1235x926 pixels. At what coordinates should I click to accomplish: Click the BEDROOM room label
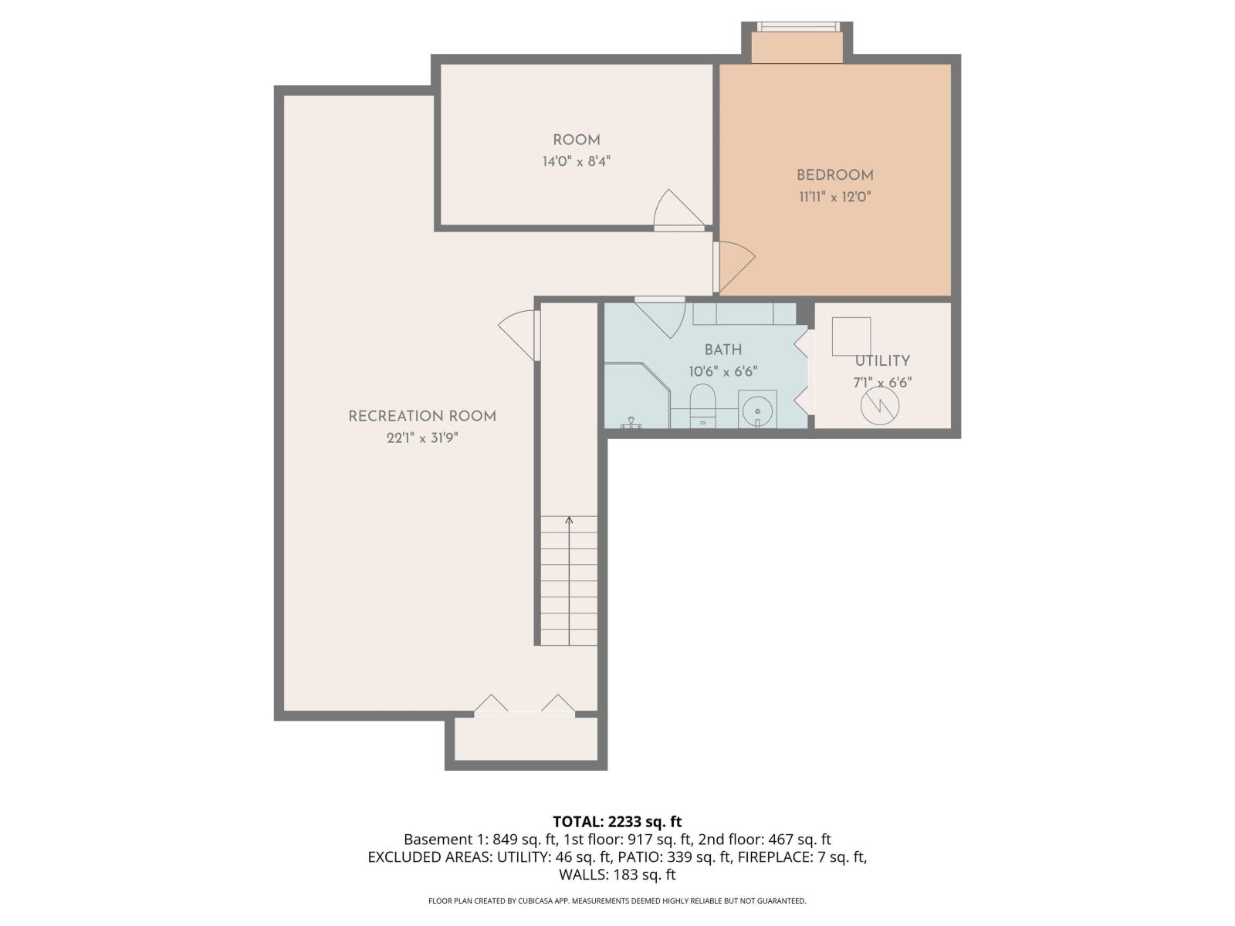pos(834,175)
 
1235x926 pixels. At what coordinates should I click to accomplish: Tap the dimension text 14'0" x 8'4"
pos(576,162)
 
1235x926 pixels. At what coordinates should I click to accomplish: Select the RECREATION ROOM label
pos(421,417)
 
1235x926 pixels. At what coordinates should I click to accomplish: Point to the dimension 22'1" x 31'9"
pos(418,438)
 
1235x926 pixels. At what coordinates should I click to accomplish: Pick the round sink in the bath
pos(757,408)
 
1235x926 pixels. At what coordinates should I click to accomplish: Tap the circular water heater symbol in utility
pos(880,406)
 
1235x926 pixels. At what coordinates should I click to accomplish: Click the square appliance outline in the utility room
pos(851,336)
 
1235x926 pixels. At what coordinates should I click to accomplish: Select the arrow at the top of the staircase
pos(569,521)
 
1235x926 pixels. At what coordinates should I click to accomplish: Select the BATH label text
pos(722,350)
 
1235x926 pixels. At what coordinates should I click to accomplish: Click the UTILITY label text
pos(881,361)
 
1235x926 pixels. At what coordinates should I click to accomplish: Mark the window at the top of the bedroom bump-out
pos(797,26)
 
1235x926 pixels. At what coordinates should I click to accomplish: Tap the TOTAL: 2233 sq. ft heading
pos(617,822)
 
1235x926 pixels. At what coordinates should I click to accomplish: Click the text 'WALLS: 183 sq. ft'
pos(617,875)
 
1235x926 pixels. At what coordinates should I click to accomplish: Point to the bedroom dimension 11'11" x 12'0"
pos(834,197)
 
